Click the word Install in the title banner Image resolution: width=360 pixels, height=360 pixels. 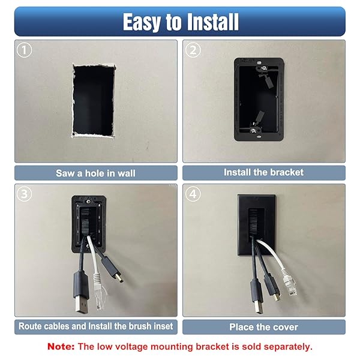pyautogui.click(x=212, y=22)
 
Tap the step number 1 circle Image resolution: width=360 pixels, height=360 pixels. pyautogui.click(x=24, y=50)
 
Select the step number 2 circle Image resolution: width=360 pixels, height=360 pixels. pyautogui.click(x=193, y=50)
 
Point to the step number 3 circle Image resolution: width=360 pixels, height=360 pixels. pyautogui.click(x=24, y=194)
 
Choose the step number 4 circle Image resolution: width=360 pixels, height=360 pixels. pyautogui.click(x=193, y=194)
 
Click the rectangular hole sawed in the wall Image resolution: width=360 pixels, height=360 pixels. pyautogui.click(x=94, y=101)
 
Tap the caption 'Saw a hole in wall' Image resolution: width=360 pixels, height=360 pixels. pyautogui.click(x=96, y=173)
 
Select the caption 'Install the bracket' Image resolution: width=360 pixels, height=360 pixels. pyautogui.click(x=263, y=172)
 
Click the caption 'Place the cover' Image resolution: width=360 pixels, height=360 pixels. pyautogui.click(x=263, y=327)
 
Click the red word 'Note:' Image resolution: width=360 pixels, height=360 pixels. pyautogui.click(x=61, y=346)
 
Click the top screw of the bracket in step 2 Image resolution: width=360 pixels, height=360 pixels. pyautogui.click(x=264, y=68)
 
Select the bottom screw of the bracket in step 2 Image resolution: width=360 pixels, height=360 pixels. pyautogui.click(x=253, y=131)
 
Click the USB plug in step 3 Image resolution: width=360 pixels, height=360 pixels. pyautogui.click(x=81, y=293)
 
